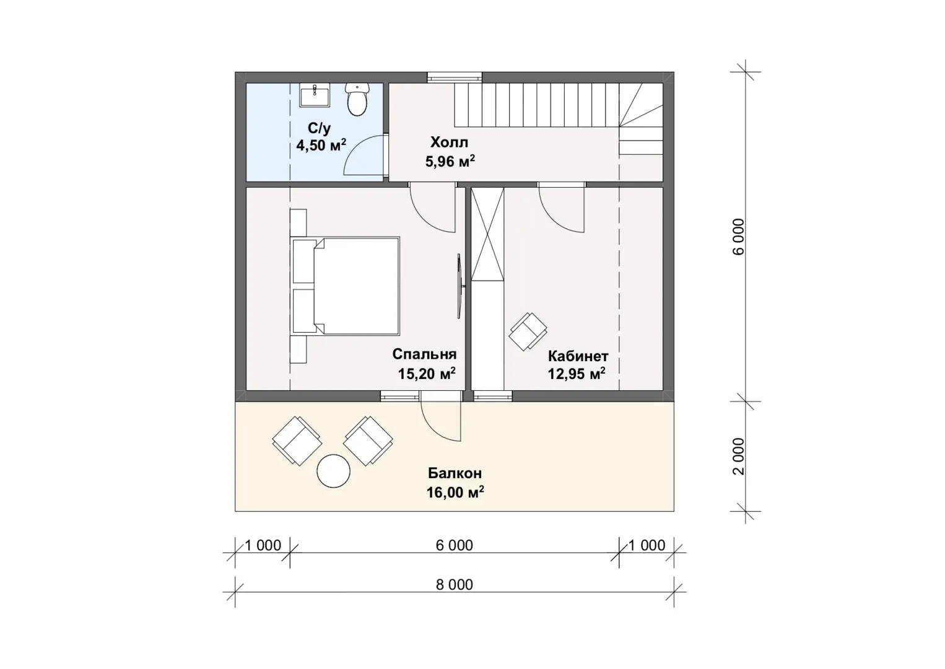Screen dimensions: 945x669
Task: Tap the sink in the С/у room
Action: [315, 95]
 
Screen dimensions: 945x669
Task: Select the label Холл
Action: [450, 142]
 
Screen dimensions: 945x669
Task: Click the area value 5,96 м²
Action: [450, 161]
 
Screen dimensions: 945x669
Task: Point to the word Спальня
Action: [424, 354]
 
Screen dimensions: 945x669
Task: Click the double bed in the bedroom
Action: [346, 286]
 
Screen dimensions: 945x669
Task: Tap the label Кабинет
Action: [578, 356]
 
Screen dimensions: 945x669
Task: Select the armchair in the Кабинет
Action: [528, 331]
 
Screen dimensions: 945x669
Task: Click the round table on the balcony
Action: [333, 471]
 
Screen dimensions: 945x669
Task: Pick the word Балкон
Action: [455, 473]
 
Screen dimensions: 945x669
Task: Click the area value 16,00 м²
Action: [455, 492]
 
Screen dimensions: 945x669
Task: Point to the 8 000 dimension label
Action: [455, 584]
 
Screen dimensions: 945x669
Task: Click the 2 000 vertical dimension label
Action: [739, 457]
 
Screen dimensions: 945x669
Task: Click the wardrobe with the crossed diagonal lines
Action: [487, 234]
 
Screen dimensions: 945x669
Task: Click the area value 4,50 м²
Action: [321, 145]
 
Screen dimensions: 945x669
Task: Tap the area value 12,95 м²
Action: [577, 374]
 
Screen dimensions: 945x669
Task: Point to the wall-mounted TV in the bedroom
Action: [461, 286]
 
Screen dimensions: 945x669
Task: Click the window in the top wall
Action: [455, 77]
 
